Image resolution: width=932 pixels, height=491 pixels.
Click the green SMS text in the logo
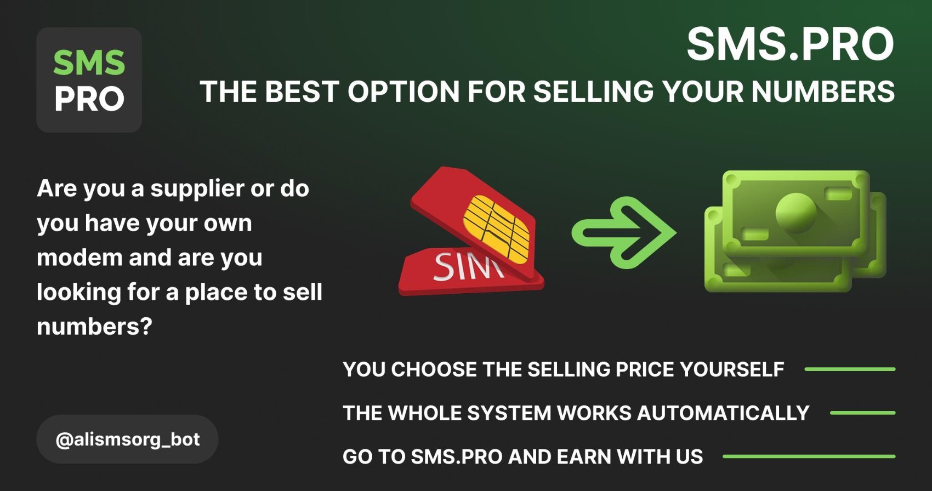[x=89, y=63]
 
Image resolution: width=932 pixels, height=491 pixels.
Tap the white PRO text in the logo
[x=89, y=99]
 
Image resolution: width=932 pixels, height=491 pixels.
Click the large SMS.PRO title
[x=790, y=44]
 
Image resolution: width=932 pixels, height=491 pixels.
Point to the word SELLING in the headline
[x=593, y=92]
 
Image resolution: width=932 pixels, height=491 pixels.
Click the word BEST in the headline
[x=302, y=92]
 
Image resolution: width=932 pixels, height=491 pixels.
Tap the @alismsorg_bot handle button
[x=127, y=439]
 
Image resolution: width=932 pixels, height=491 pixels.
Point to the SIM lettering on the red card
[x=468, y=266]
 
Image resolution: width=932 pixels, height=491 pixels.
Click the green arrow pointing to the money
[x=624, y=232]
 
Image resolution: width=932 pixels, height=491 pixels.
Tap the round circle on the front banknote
[x=795, y=213]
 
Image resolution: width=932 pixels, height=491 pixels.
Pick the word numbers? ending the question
[x=94, y=327]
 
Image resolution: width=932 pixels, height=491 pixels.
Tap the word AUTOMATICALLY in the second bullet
[x=723, y=413]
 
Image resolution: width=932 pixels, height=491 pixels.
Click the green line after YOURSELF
[x=850, y=369]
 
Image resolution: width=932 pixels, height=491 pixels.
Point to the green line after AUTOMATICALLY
[x=862, y=413]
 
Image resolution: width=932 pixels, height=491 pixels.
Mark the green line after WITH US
[x=809, y=456]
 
